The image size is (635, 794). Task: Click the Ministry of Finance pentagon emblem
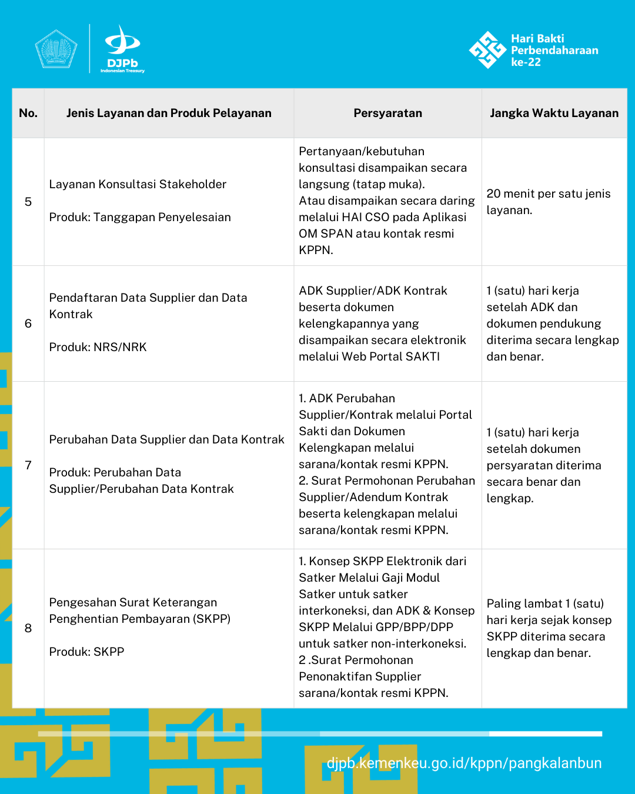pos(56,49)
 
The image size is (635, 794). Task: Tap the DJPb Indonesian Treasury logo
pos(122,49)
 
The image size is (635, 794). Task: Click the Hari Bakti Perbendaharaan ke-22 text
pos(554,50)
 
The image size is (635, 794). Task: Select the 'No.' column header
pos(28,113)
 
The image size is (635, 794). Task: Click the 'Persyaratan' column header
pos(387,113)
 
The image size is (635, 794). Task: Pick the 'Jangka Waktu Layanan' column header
pos(554,113)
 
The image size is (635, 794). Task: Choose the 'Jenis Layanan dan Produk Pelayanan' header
pos(169,113)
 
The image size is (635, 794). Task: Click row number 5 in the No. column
pos(28,202)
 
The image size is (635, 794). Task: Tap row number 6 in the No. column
pos(28,323)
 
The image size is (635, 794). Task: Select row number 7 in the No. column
pos(28,465)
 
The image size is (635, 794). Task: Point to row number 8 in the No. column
pos(28,628)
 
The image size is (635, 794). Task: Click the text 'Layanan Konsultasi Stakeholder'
pos(138,184)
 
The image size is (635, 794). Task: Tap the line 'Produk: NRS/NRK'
pos(98,347)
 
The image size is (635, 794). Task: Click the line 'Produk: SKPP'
pos(86,652)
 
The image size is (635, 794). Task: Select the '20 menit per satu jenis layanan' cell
pos(548,202)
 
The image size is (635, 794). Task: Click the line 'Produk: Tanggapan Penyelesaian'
pos(140,217)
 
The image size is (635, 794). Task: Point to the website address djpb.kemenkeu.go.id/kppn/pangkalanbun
pos(464,763)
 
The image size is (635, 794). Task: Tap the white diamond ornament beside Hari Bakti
pos(487,50)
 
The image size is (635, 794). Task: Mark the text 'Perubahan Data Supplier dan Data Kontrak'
pos(166,439)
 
